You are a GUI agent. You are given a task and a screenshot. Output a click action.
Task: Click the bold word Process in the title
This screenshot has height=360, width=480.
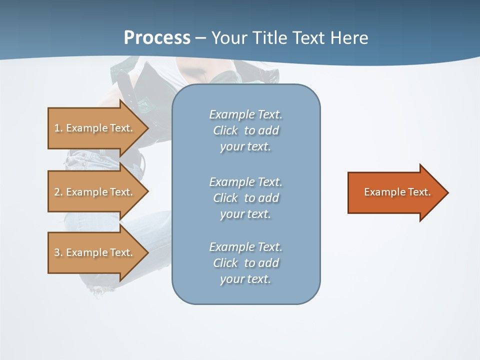[x=157, y=37]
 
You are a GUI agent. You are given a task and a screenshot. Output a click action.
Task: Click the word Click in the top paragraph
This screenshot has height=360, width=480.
[x=225, y=131]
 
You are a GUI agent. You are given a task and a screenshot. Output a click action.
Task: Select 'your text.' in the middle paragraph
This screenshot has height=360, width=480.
[x=245, y=214]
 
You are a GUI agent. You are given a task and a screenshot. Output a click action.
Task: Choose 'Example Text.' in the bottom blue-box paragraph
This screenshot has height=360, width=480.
[x=245, y=247]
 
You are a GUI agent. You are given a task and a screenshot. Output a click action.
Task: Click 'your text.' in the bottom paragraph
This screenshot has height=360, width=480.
[x=245, y=279]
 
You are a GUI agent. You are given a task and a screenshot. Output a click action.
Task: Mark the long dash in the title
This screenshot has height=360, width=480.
[x=200, y=38]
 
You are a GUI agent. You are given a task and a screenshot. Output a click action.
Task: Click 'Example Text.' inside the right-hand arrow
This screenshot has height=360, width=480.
[x=397, y=192]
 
